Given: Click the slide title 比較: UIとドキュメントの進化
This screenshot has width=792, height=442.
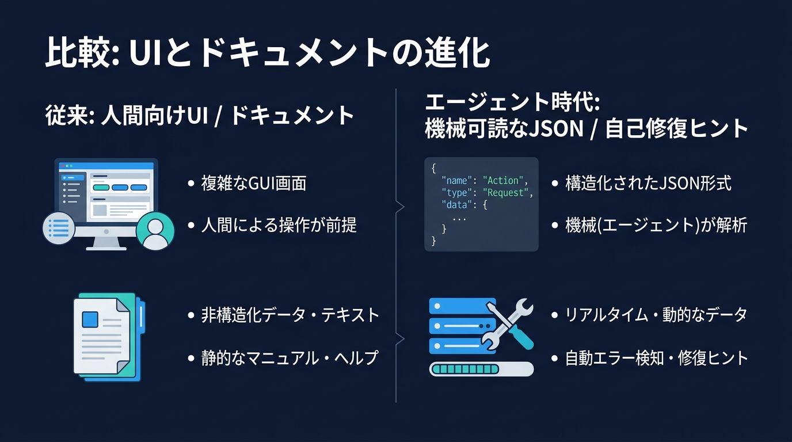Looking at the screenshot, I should [x=267, y=54].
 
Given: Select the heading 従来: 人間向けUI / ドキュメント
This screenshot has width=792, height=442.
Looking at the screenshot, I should [x=199, y=115].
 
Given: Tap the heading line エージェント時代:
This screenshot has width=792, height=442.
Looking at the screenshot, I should [x=512, y=103].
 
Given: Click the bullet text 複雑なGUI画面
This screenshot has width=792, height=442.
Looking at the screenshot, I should [x=253, y=183].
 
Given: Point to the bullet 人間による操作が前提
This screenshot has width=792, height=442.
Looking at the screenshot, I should [x=279, y=224].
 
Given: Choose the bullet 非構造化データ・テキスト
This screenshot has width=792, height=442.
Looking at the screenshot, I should [x=290, y=315].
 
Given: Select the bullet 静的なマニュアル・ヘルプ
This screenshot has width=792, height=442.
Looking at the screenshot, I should [x=290, y=357].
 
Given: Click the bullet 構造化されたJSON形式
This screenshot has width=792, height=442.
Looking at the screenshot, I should [x=648, y=183].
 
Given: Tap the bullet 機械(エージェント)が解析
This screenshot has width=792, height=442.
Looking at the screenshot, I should [x=656, y=224].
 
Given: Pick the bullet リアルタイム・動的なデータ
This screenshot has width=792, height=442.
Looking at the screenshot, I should [x=656, y=315].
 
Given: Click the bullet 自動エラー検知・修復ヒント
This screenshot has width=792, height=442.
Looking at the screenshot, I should [x=656, y=358].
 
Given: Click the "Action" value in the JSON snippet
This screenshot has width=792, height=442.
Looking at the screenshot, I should [x=503, y=181].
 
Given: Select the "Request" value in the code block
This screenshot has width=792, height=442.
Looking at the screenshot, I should [x=505, y=193].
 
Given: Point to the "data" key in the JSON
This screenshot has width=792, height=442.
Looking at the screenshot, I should [x=455, y=205].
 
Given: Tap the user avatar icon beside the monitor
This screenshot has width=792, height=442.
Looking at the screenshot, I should [x=155, y=231].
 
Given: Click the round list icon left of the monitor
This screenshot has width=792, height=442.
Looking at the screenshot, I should [x=59, y=228].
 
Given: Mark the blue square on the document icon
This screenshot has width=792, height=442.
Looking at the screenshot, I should [x=91, y=319].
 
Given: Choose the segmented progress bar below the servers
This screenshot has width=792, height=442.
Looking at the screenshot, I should [x=481, y=368].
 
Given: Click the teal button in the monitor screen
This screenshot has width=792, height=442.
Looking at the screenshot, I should [x=100, y=187].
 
